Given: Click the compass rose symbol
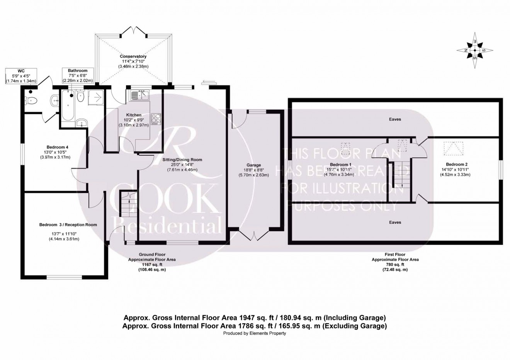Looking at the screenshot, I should (x=475, y=50).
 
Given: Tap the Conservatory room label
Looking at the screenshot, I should (x=133, y=56).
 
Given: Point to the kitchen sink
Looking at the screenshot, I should (x=139, y=95).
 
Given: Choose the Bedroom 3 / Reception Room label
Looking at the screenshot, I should (x=68, y=224).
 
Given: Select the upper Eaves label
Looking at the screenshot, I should (x=395, y=119).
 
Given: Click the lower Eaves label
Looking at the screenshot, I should (x=395, y=222).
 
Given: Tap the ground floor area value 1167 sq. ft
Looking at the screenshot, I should (x=152, y=265).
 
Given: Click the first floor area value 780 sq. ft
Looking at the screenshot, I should (x=395, y=265).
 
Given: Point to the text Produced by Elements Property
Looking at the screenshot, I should (x=255, y=333).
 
